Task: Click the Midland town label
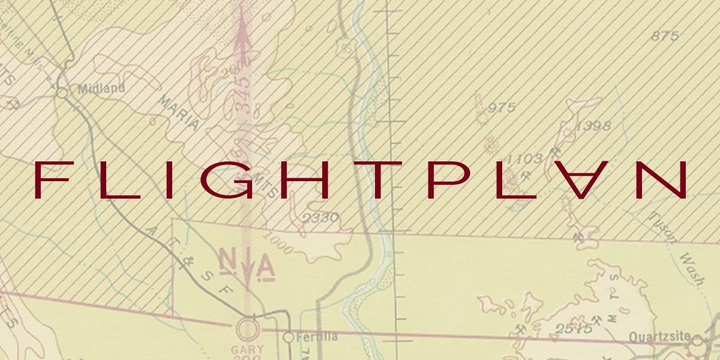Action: pyautogui.click(x=101, y=89)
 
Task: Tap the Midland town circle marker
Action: pyautogui.click(x=62, y=92)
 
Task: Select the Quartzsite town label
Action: pyautogui.click(x=659, y=337)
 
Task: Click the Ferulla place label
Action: pyautogui.click(x=314, y=337)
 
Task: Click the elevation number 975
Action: pyautogui.click(x=502, y=108)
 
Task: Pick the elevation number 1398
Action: pyautogui.click(x=593, y=126)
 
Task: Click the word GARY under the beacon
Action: pyautogui.click(x=247, y=349)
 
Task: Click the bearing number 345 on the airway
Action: pyautogui.click(x=244, y=94)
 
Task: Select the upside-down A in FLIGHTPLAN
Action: pyautogui.click(x=582, y=180)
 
